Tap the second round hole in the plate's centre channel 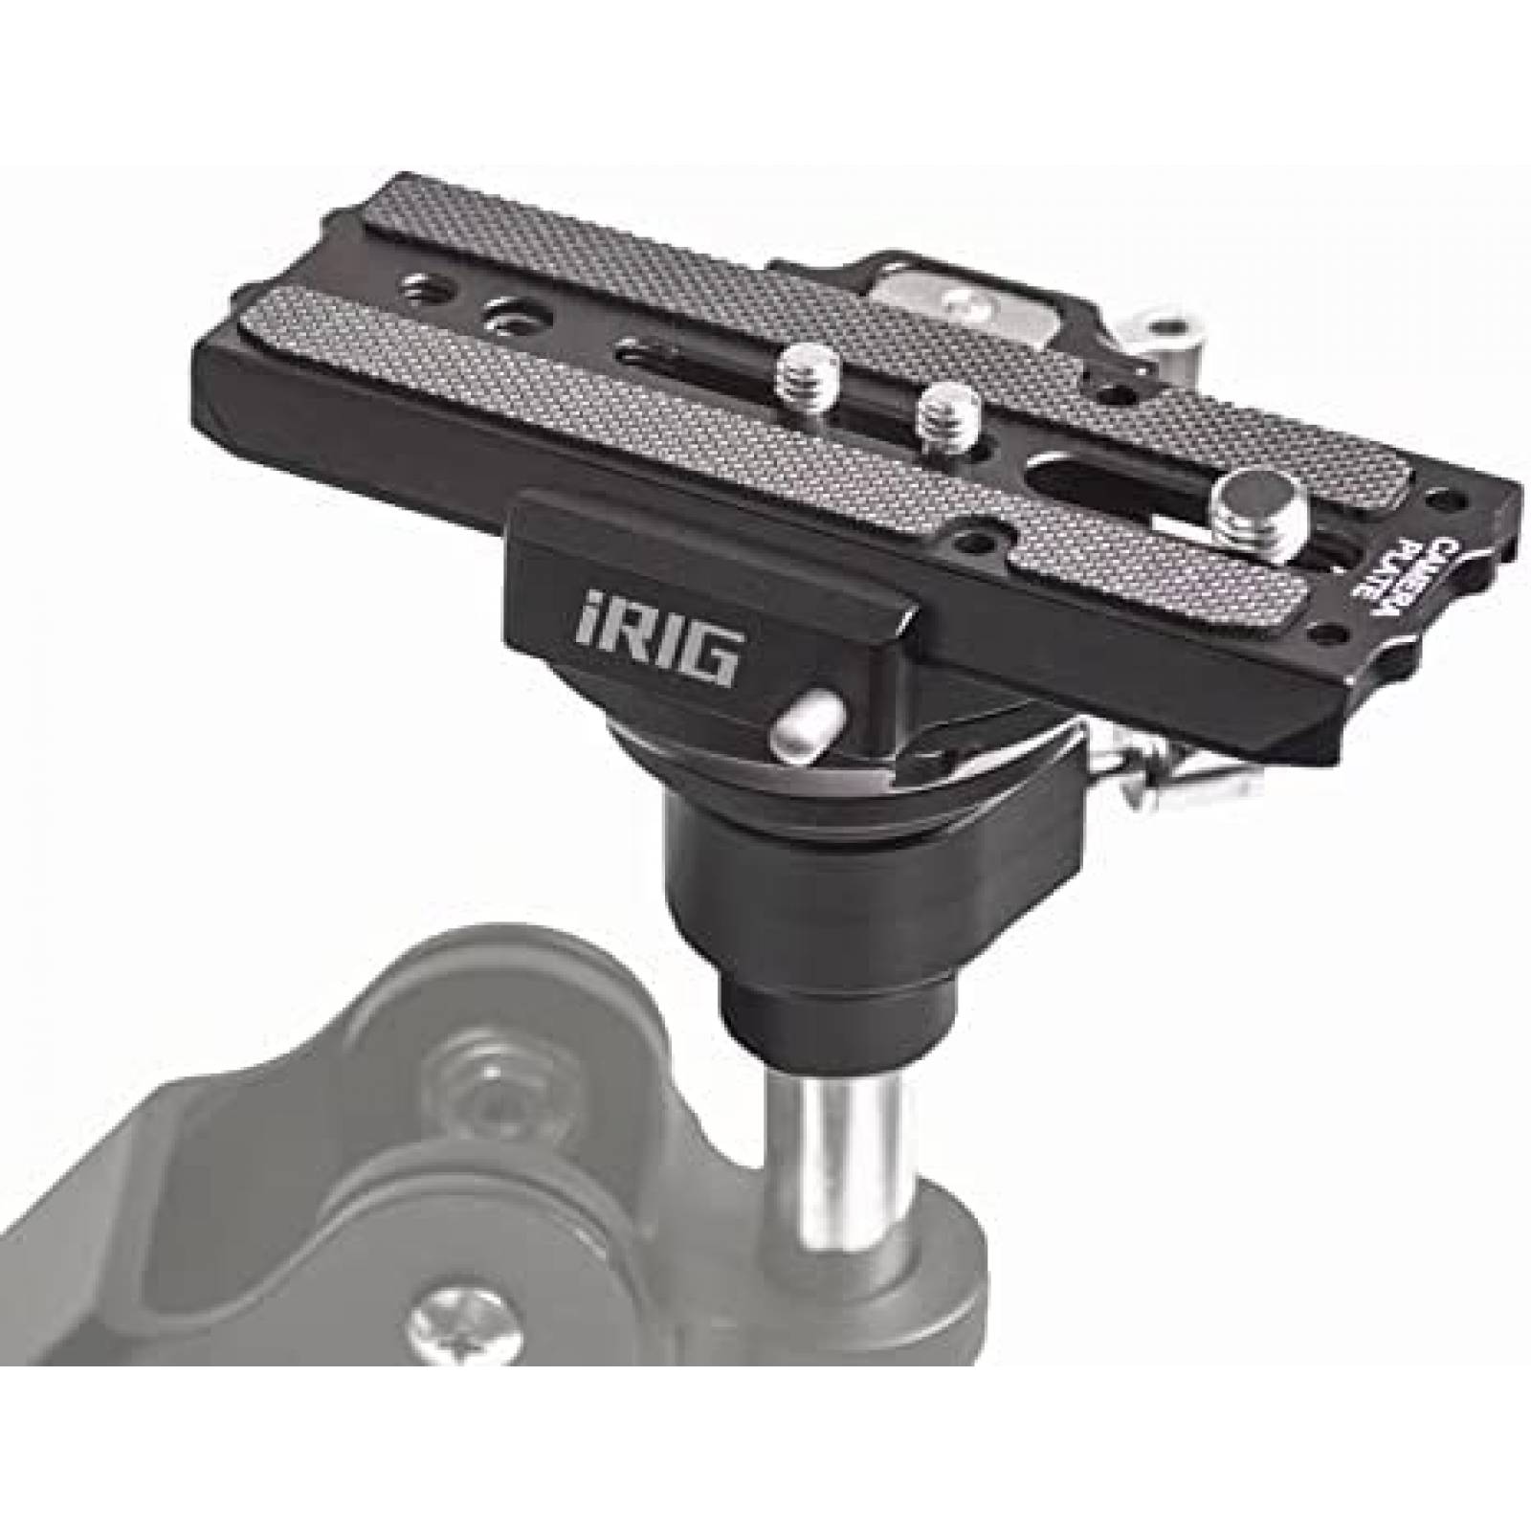pos(504,312)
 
